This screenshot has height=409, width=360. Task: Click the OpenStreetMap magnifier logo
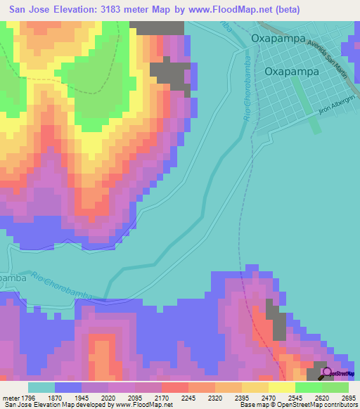pyautogui.click(x=328, y=372)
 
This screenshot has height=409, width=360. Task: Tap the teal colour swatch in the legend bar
pyautogui.click(x=41, y=387)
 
